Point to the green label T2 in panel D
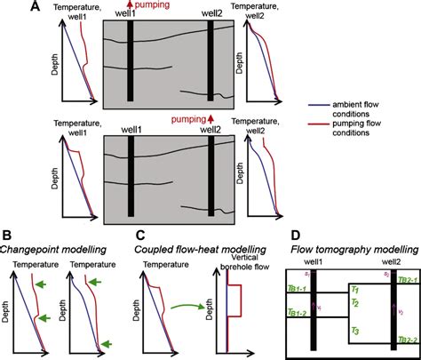point(354,303)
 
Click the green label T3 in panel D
point(354,331)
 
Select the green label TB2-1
point(408,279)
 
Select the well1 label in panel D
point(317,263)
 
